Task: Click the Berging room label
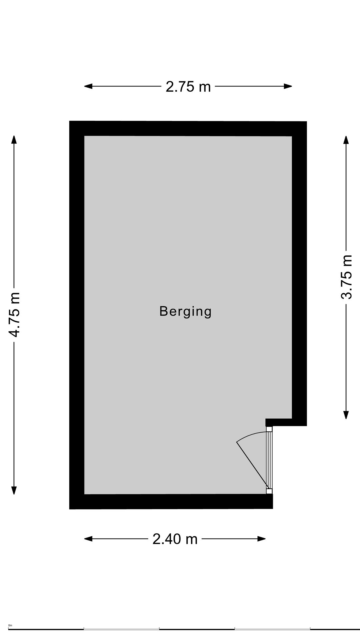185,311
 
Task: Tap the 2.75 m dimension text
188,87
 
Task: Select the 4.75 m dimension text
14,315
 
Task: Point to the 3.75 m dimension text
346,277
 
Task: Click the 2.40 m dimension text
175,539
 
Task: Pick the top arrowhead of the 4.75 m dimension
14,139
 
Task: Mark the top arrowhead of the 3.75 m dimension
346,140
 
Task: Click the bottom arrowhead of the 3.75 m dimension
346,415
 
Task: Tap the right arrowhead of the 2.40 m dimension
262,539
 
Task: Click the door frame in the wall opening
269,460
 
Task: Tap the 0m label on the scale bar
10,625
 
